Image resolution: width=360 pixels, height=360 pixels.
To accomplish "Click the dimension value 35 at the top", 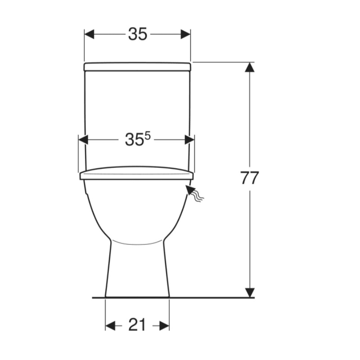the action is [137, 34].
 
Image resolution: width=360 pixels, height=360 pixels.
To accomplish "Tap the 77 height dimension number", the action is [250, 177].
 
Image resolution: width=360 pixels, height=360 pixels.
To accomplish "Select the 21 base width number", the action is [137, 325].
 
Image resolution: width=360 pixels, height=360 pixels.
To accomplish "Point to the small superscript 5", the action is [148, 136].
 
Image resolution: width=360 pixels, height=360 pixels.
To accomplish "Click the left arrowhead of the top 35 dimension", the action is [89, 34].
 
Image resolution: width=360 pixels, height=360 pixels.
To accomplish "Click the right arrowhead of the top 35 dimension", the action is [185, 34].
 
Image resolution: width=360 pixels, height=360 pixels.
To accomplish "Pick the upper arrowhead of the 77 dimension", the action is [250, 67].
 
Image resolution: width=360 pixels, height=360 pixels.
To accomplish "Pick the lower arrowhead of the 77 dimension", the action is [250, 293].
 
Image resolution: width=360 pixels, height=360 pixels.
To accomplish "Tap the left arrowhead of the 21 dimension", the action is [110, 325].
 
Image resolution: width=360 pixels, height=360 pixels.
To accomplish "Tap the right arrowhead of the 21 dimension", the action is [164, 325].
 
